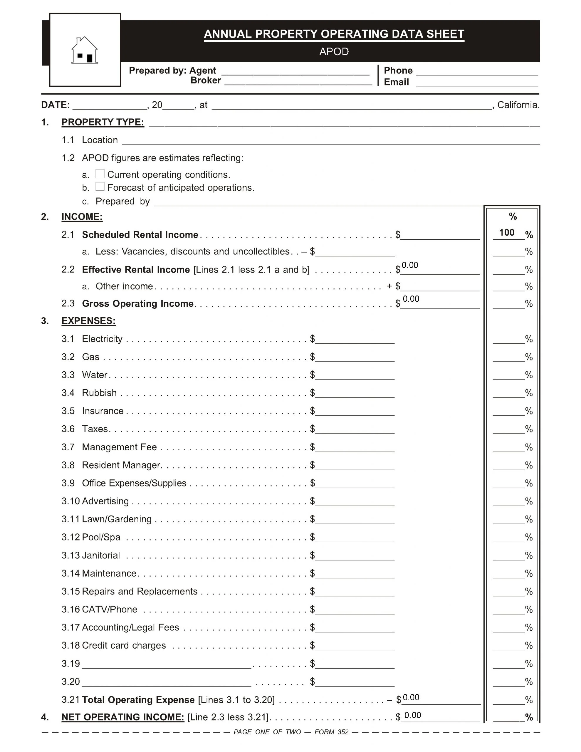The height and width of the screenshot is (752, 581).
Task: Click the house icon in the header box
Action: [x=84, y=50]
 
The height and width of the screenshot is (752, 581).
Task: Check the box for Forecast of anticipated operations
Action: [x=100, y=186]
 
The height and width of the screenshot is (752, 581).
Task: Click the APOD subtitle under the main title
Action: [x=334, y=52]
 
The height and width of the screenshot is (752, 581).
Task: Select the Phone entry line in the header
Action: [x=477, y=71]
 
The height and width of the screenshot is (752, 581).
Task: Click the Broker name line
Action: [x=298, y=81]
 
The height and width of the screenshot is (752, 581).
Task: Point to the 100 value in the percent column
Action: [x=507, y=232]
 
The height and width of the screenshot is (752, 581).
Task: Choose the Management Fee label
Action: [x=119, y=447]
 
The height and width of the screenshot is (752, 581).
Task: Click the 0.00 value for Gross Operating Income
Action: [x=411, y=299]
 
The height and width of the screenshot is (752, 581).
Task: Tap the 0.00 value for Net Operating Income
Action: [x=413, y=715]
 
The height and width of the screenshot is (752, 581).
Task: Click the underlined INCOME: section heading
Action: [x=82, y=216]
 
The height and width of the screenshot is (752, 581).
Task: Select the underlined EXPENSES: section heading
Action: [x=88, y=321]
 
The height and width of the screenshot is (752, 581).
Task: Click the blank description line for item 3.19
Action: [x=166, y=664]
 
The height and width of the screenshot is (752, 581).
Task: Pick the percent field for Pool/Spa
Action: [x=508, y=538]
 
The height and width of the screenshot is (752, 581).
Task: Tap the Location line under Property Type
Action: [x=331, y=141]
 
